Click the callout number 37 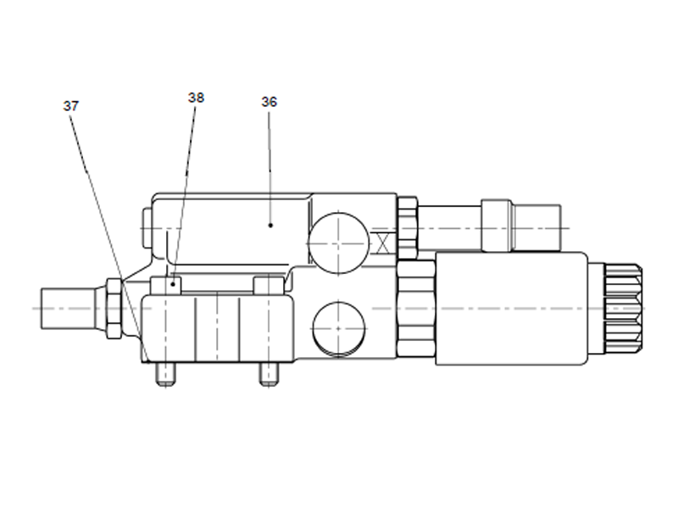[70, 106]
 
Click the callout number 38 [196, 98]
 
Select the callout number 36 [269, 102]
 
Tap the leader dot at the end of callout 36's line [270, 225]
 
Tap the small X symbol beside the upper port [383, 242]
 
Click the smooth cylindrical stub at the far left [72, 307]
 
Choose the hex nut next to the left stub [113, 307]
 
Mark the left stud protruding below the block [164, 374]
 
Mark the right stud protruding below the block [269, 374]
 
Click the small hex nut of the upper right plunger [408, 227]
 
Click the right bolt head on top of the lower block [269, 285]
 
